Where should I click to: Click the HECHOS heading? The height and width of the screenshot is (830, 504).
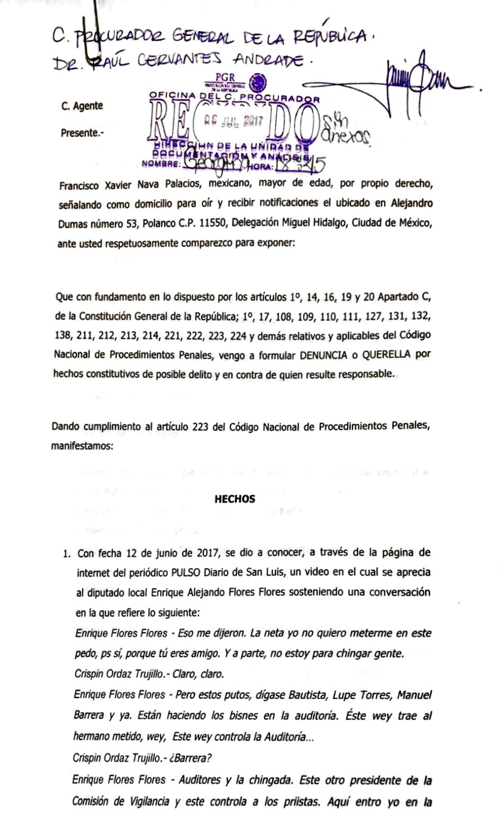tap(235, 499)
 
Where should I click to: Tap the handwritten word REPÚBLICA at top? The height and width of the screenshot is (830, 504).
tap(330, 37)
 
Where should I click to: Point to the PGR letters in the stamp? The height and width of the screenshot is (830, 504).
tap(225, 77)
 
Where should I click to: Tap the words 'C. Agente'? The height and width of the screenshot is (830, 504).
tap(82, 106)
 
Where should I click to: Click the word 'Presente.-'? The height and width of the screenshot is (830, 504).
tap(82, 133)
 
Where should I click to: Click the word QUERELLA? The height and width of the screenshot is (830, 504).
tap(383, 355)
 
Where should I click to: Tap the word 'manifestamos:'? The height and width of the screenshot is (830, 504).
tap(82, 446)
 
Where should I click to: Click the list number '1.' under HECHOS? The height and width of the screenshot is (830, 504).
tap(67, 554)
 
